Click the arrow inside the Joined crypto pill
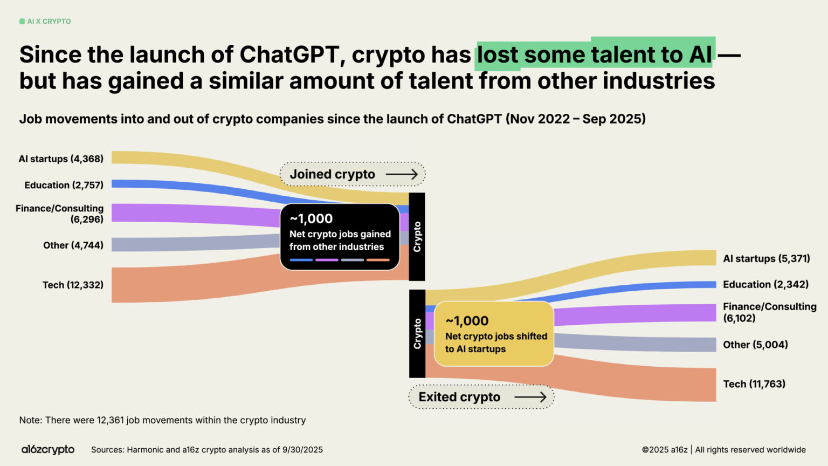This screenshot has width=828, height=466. click(x=402, y=174)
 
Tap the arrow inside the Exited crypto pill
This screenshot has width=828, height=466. click(x=530, y=397)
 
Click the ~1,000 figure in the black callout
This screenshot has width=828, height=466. click(x=311, y=218)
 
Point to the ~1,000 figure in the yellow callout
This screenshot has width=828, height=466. click(x=467, y=321)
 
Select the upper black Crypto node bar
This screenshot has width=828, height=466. click(x=417, y=237)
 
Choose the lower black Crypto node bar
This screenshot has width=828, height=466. click(x=417, y=334)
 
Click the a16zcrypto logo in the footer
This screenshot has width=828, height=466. click(x=48, y=449)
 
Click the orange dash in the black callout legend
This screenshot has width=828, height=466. click(x=378, y=260)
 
